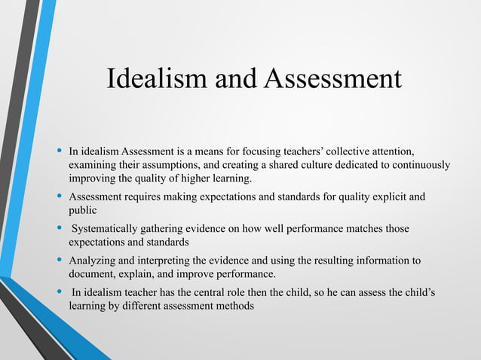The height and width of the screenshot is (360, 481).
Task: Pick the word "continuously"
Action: [418, 164]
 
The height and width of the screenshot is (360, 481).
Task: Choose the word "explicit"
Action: [384, 197]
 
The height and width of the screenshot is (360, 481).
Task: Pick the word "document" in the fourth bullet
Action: [92, 274]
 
